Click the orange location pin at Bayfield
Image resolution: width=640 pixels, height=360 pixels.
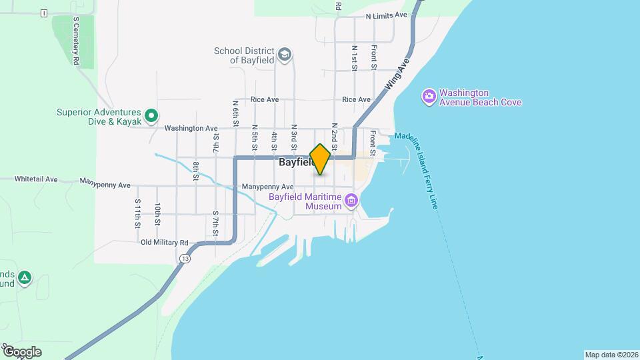(x=321, y=159)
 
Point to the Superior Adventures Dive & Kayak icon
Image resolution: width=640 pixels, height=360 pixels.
(x=151, y=117)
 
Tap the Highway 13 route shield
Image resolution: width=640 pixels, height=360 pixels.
(x=185, y=258)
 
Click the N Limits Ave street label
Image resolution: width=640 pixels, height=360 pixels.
(x=386, y=15)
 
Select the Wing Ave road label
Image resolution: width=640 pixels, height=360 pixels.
(x=395, y=75)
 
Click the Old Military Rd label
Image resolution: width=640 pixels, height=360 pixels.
(x=165, y=243)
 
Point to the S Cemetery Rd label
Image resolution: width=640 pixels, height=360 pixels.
(x=77, y=41)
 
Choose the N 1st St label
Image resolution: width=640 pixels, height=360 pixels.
(x=355, y=58)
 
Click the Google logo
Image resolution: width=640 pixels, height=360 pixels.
(x=21, y=351)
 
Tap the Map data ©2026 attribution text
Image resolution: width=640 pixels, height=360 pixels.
(x=611, y=355)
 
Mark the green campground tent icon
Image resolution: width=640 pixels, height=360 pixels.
(x=25, y=277)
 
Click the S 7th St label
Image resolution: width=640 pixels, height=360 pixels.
(x=216, y=223)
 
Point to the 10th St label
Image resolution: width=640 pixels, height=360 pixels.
(x=157, y=213)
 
